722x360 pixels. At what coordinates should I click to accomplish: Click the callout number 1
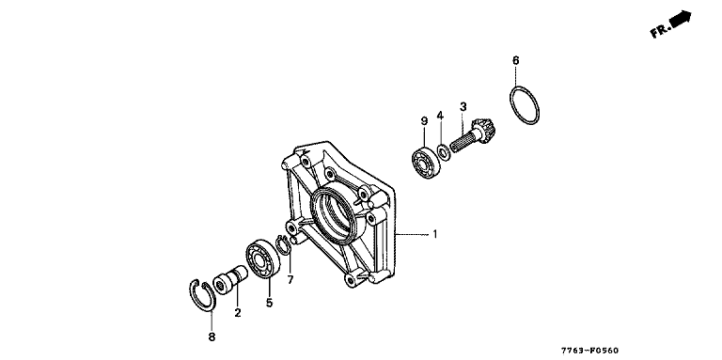(434, 234)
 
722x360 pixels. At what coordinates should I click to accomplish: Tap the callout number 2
(238, 313)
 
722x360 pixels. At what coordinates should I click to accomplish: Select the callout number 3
(463, 106)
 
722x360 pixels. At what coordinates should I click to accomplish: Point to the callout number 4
(440, 115)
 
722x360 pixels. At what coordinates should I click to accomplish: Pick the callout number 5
(269, 303)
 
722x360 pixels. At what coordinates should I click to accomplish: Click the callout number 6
(516, 60)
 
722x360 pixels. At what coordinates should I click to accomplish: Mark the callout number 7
(290, 279)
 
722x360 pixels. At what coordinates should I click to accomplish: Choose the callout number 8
(212, 337)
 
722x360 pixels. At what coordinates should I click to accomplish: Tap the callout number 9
(424, 120)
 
